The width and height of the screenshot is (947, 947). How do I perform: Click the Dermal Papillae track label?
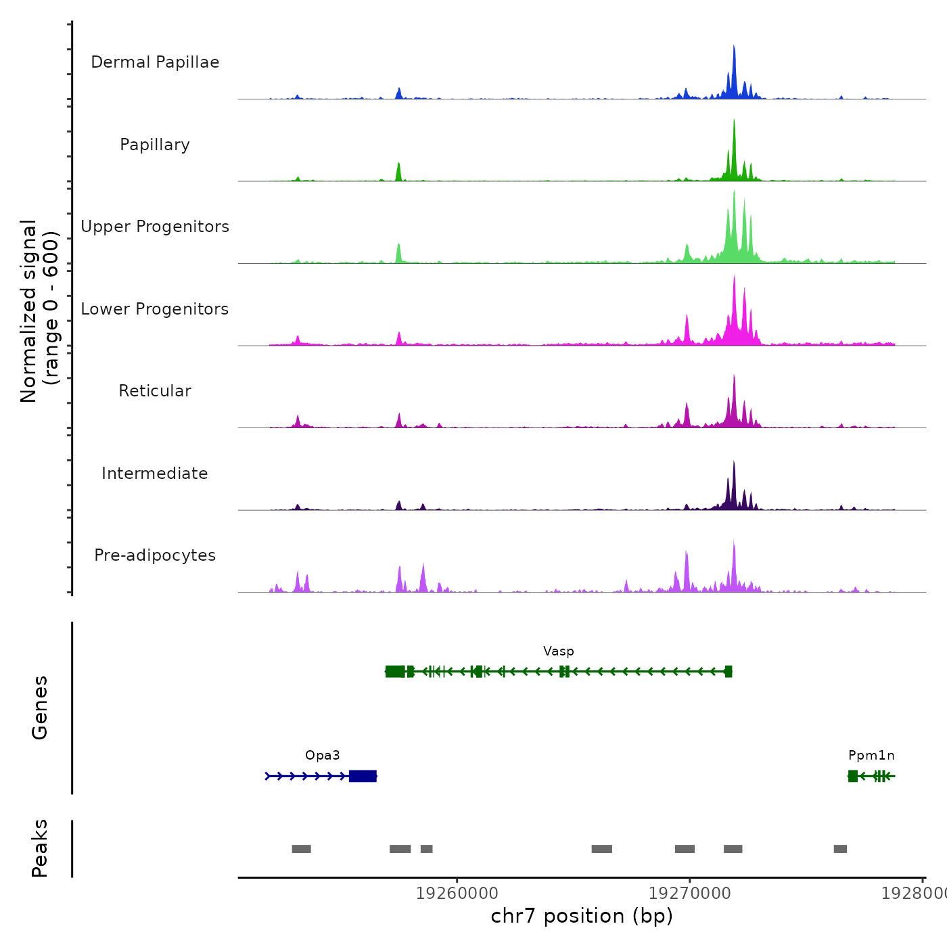click(155, 62)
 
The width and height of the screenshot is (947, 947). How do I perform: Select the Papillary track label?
click(155, 145)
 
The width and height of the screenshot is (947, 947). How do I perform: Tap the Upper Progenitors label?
click(155, 227)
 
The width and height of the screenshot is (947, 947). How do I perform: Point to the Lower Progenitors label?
click(155, 309)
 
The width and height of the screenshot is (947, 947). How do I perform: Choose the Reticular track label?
click(155, 391)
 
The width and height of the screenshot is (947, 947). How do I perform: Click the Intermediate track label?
click(155, 473)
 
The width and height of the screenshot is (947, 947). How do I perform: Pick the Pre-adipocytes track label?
click(155, 555)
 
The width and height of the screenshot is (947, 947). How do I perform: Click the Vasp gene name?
click(559, 651)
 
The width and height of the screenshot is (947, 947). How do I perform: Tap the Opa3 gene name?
click(323, 756)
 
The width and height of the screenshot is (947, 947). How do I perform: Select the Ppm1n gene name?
click(871, 756)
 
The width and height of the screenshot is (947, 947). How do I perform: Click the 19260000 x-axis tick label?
click(457, 894)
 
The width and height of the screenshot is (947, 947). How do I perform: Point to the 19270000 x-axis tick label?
click(690, 894)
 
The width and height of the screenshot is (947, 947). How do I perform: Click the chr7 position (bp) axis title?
click(582, 916)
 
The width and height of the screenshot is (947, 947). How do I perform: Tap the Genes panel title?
click(40, 708)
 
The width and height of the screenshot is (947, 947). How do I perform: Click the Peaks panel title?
click(40, 848)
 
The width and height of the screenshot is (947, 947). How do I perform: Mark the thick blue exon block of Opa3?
click(363, 776)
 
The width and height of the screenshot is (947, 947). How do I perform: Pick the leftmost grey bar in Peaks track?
click(301, 849)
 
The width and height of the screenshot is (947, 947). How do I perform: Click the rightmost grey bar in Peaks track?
click(840, 849)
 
